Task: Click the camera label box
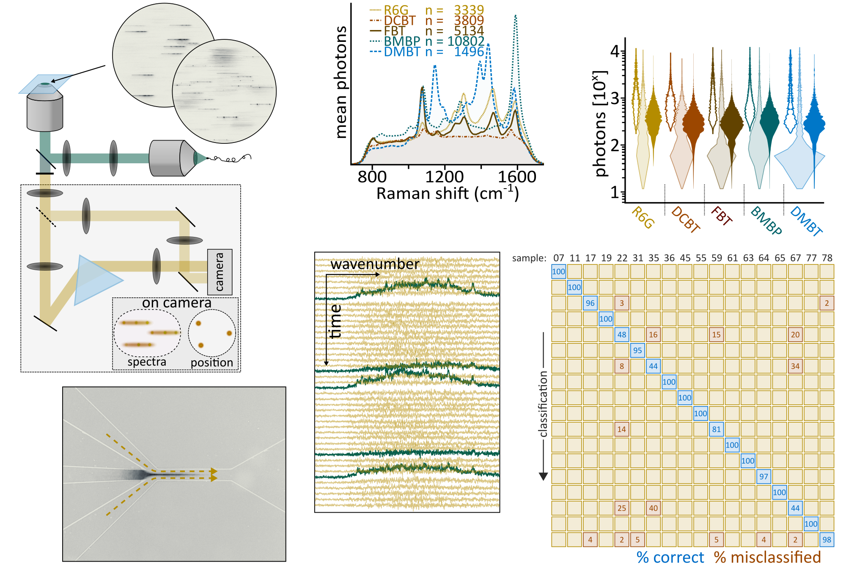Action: pyautogui.click(x=220, y=272)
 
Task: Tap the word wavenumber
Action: pyautogui.click(x=375, y=264)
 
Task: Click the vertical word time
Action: pyautogui.click(x=335, y=321)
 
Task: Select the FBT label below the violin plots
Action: pyautogui.click(x=722, y=215)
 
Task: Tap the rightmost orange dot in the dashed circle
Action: pyautogui.click(x=229, y=333)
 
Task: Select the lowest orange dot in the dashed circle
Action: pyautogui.click(x=201, y=346)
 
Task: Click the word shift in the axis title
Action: pyautogui.click(x=452, y=194)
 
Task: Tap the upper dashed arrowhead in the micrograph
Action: pyautogui.click(x=214, y=471)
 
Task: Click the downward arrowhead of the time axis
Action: pyautogui.click(x=326, y=362)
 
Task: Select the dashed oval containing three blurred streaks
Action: pyautogui.click(x=147, y=333)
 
